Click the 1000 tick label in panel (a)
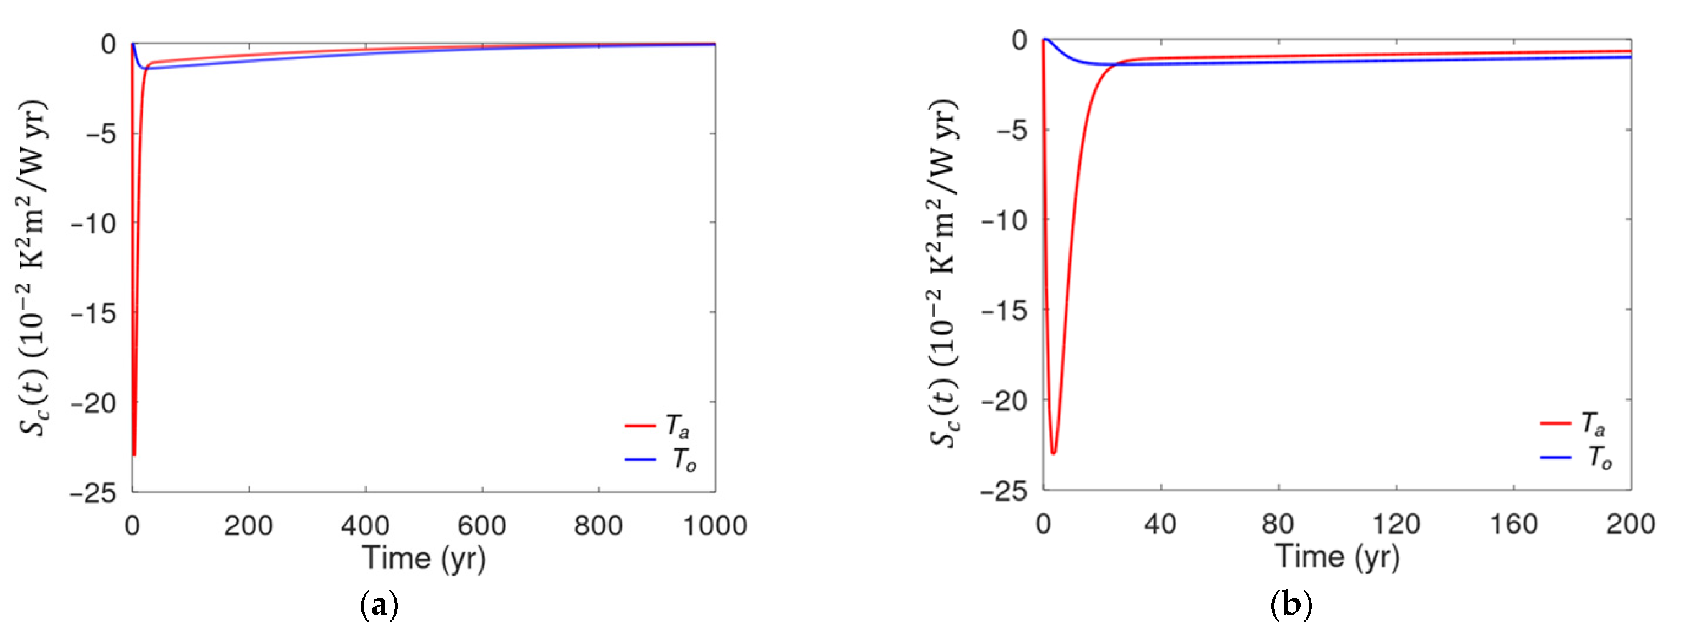[715, 525]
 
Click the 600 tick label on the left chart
[482, 525]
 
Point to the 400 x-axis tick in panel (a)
[365, 525]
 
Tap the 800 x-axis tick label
[598, 525]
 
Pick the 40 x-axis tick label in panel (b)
[1160, 524]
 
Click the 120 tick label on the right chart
[1396, 524]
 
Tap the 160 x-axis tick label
[1514, 524]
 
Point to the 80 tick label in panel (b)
[1278, 524]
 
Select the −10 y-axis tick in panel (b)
[1004, 220]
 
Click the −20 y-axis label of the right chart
[1004, 399]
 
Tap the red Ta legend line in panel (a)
[640, 425]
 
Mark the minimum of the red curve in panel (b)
[1053, 453]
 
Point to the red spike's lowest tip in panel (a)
[134, 455]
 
